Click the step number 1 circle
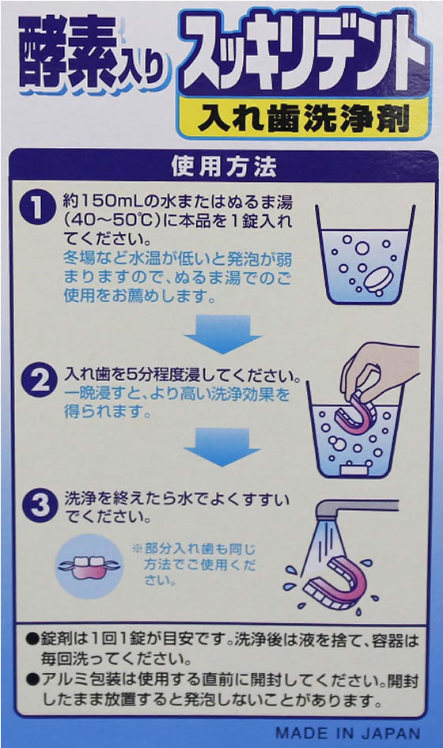point(36,207)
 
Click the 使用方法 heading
point(223,167)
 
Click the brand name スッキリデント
point(305,54)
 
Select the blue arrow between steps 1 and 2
point(223,334)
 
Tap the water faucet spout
point(357,507)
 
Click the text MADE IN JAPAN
point(348,733)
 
